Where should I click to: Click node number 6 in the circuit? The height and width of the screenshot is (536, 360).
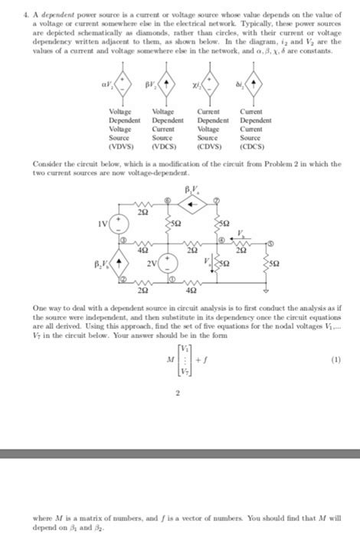tap(170, 198)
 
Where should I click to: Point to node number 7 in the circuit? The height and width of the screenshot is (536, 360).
tap(217, 200)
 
